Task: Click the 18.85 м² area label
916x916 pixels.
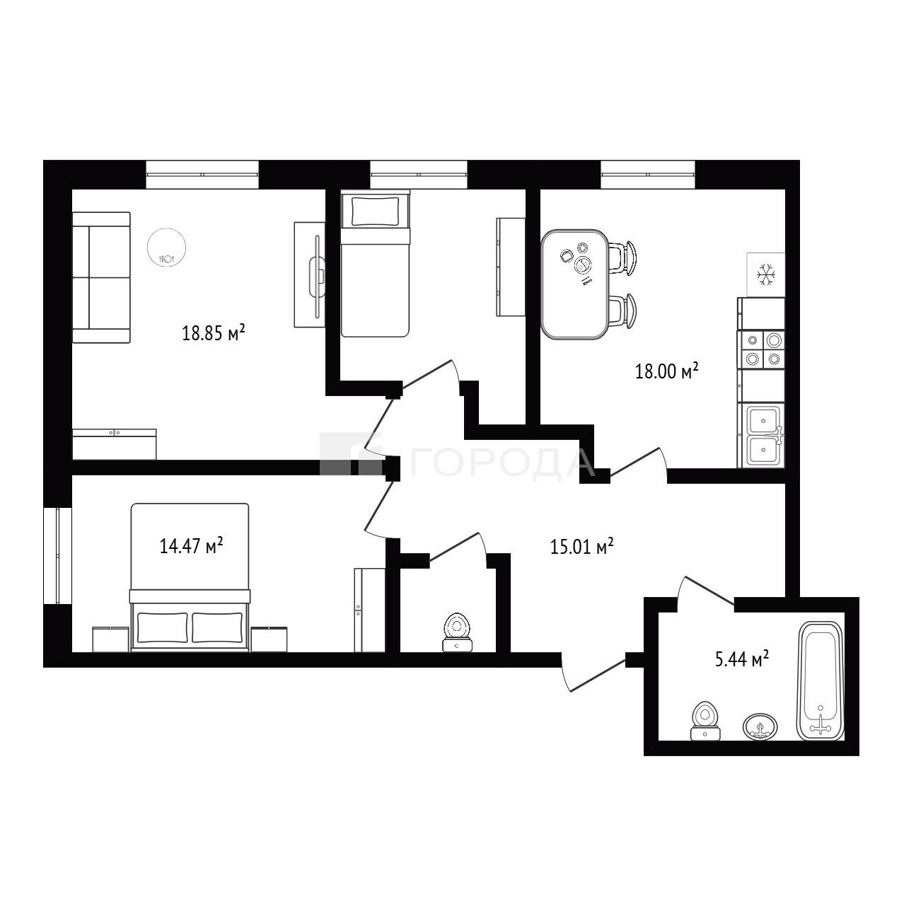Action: coord(214,332)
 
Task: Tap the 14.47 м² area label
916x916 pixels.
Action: coord(191,545)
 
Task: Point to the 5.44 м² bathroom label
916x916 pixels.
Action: coord(743,659)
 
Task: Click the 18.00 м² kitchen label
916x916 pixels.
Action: coord(667,371)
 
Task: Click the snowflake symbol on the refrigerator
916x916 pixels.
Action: coord(766,274)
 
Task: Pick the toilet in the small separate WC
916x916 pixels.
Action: coord(457,632)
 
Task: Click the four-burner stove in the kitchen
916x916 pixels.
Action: coord(760,349)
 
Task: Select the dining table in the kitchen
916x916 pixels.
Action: coord(574,284)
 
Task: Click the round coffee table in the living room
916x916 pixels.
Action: coord(166,247)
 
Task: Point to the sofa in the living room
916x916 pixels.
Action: coord(101,277)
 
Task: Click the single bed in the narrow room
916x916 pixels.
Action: coord(376,263)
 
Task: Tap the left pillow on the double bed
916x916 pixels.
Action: coord(163,627)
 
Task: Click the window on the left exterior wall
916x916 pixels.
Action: coord(57,556)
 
